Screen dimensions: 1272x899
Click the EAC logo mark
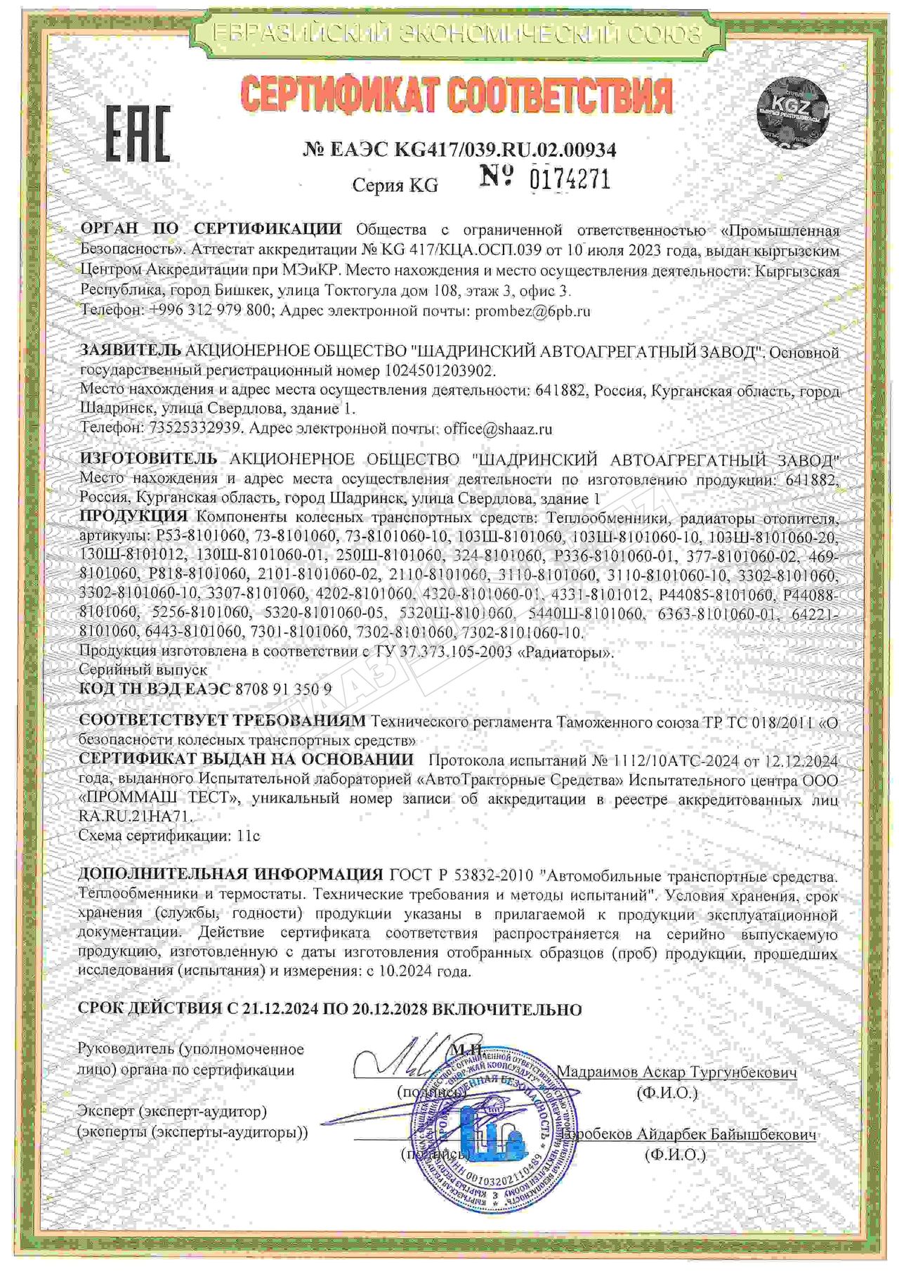click(x=138, y=134)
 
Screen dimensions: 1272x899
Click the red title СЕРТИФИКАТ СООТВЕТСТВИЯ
click(x=457, y=96)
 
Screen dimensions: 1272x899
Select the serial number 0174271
click(x=570, y=179)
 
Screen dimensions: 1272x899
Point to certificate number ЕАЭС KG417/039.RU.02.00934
click(x=460, y=149)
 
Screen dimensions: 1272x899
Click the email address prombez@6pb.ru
click(x=532, y=311)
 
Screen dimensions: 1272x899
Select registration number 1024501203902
click(x=440, y=370)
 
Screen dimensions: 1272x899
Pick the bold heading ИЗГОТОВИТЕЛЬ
click(x=148, y=459)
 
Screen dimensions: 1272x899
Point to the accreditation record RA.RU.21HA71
click(x=135, y=817)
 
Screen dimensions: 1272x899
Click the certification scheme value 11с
click(x=249, y=836)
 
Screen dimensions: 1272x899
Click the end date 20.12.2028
click(x=390, y=1009)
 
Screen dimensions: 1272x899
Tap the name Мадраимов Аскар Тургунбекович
click(x=676, y=1072)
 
